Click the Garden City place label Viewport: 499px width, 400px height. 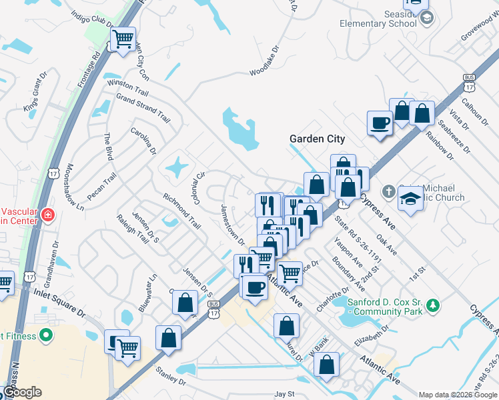point(317,139)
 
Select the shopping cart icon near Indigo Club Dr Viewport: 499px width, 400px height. point(122,39)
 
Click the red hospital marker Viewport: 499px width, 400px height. point(47,215)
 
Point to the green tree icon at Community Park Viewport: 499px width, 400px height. point(434,305)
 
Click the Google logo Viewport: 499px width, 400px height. point(21,392)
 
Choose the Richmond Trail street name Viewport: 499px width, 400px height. point(182,210)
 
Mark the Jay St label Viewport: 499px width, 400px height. point(284,395)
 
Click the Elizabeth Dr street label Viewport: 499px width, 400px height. point(372,334)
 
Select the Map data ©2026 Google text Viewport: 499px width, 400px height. point(457,395)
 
